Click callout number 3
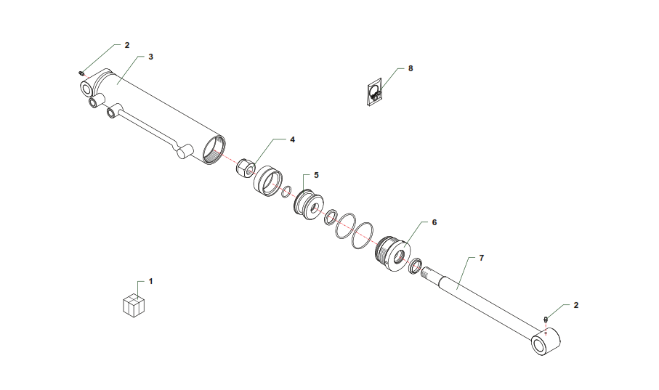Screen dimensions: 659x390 (x=151, y=57)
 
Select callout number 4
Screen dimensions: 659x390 (x=293, y=139)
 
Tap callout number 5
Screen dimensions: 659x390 (x=317, y=175)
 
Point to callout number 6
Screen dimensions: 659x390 (x=434, y=222)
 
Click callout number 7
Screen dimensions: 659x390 (x=482, y=258)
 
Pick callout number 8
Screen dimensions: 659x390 (x=411, y=68)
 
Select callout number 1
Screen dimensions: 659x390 (x=151, y=282)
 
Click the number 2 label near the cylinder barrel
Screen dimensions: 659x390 (x=127, y=45)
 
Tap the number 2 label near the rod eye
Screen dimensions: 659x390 (x=575, y=306)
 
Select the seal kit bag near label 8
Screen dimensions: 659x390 (x=374, y=92)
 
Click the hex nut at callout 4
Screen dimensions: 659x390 (x=246, y=168)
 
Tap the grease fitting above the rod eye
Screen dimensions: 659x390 (x=546, y=320)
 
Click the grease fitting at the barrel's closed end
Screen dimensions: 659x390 (x=81, y=73)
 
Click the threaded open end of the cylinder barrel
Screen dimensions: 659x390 (x=214, y=150)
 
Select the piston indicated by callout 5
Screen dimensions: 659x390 (x=309, y=205)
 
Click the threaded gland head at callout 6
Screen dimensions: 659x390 (x=392, y=253)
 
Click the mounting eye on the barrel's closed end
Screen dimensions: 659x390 (x=87, y=89)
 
